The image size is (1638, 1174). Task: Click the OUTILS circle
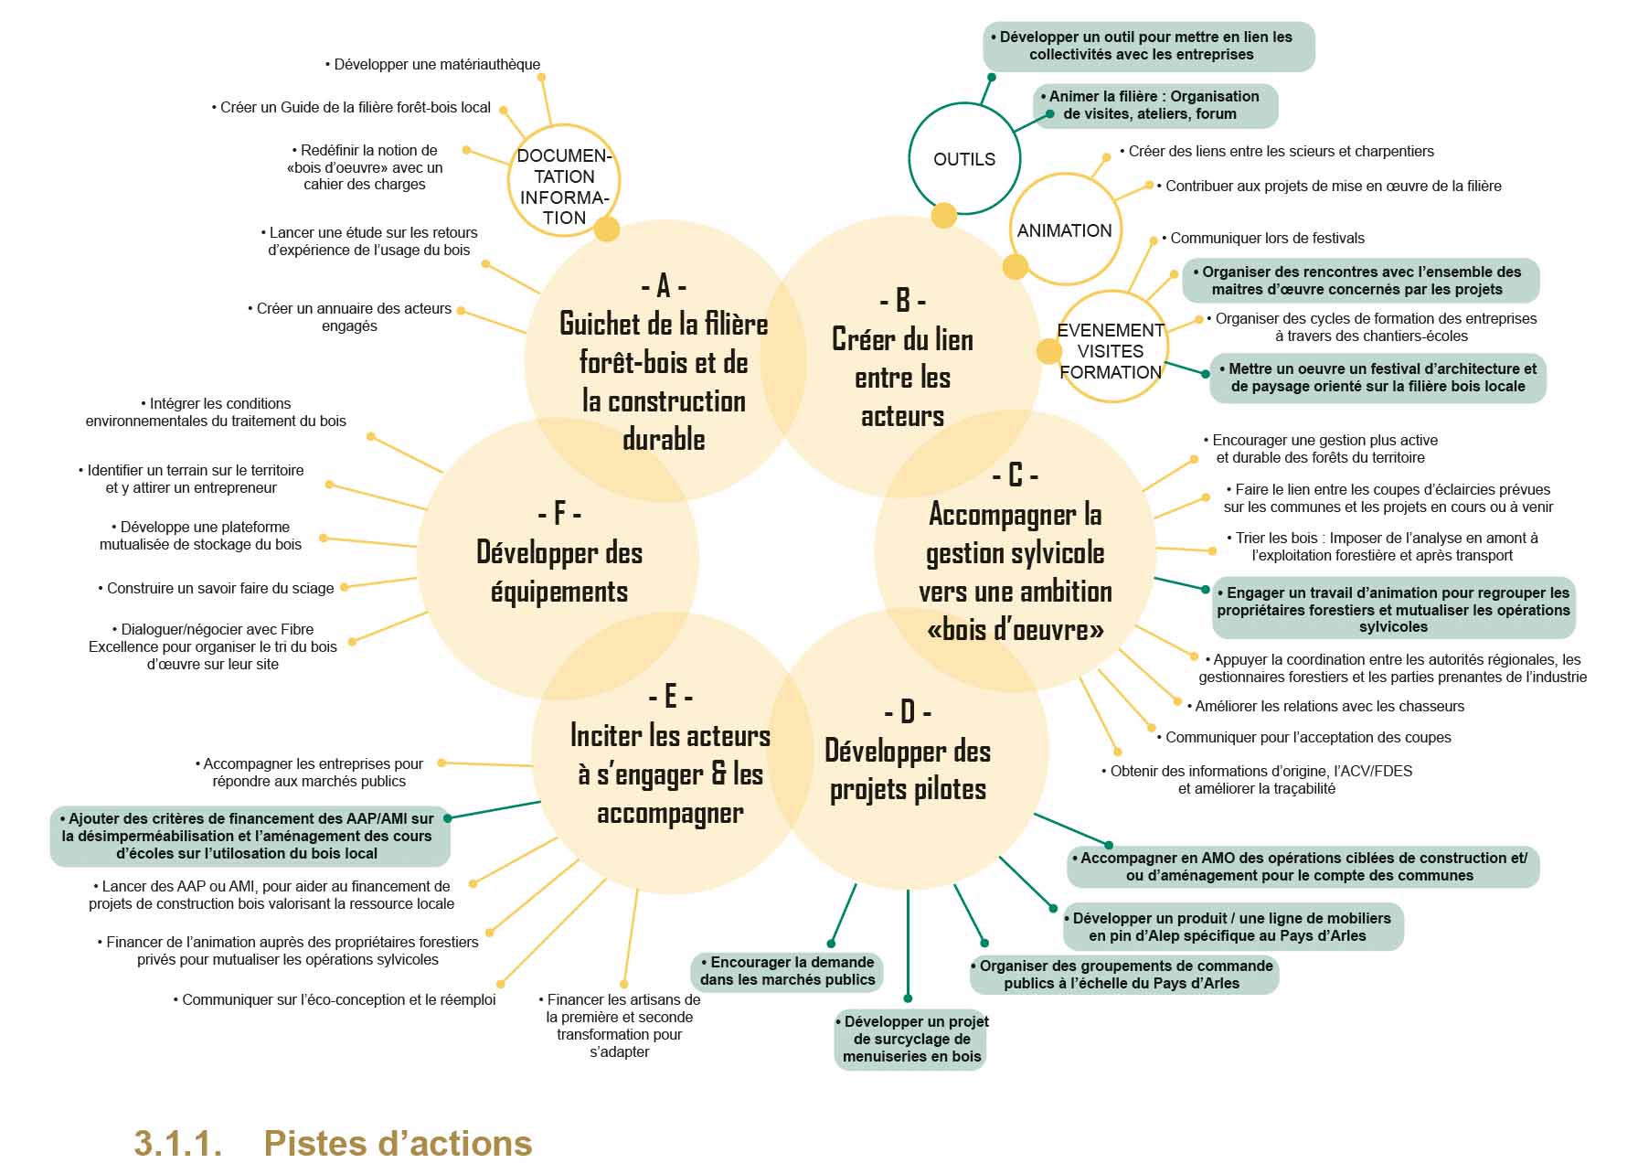pyautogui.click(x=963, y=159)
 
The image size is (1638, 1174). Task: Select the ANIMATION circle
pyautogui.click(x=1064, y=230)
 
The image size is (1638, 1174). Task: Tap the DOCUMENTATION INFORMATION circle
pyautogui.click(x=563, y=186)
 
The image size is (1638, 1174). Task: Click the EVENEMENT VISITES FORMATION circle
pyautogui.click(x=1110, y=350)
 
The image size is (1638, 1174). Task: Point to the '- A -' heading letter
pyautogui.click(x=664, y=286)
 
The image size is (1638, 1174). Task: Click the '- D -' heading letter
pyautogui.click(x=907, y=711)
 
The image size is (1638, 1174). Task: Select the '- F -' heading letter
pyautogui.click(x=559, y=513)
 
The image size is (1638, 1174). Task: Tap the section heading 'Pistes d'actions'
pyautogui.click(x=398, y=1143)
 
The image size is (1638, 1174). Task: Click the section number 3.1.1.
pyautogui.click(x=178, y=1143)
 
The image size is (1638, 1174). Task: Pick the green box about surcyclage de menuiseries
pyautogui.click(x=912, y=1039)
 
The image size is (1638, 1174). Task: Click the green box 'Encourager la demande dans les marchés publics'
pyautogui.click(x=787, y=971)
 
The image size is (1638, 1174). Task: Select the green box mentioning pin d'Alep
pyautogui.click(x=1231, y=926)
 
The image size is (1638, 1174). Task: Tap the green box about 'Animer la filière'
pyautogui.click(x=1154, y=105)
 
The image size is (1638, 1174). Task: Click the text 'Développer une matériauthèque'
pyautogui.click(x=433, y=64)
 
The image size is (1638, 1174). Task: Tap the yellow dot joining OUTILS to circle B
pyautogui.click(x=943, y=216)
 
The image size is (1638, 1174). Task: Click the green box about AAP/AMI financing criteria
pyautogui.click(x=248, y=836)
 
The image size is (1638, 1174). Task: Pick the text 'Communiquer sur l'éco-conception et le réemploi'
pyautogui.click(x=335, y=999)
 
